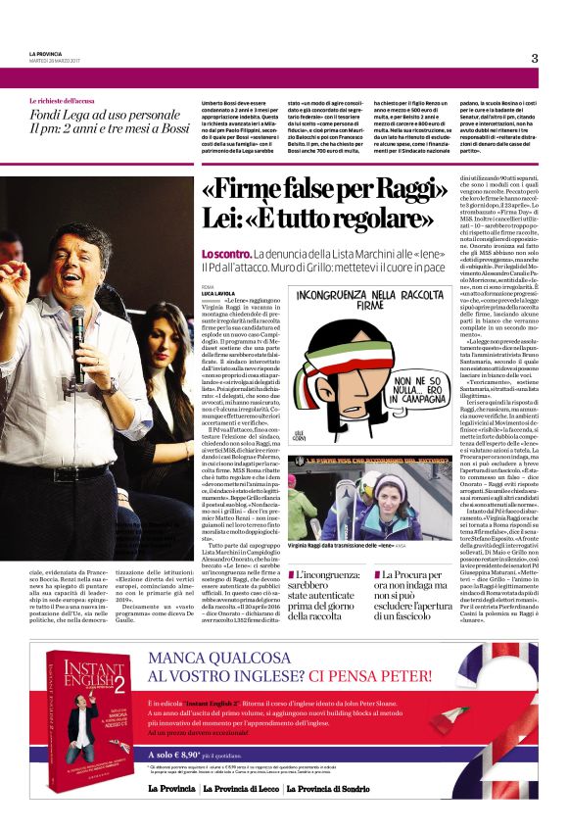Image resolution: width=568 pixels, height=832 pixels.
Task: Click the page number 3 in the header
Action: click(535, 58)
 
